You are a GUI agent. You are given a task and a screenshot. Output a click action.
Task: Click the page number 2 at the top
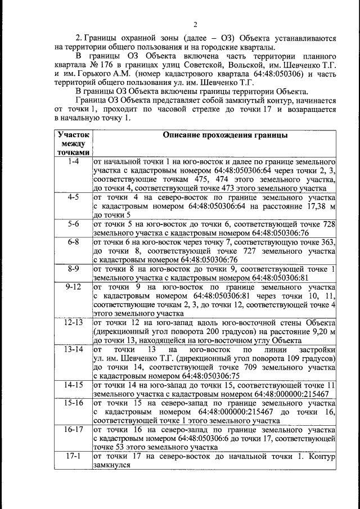tap(195, 24)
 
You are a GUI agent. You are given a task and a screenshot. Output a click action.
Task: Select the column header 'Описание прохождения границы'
tap(225, 136)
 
